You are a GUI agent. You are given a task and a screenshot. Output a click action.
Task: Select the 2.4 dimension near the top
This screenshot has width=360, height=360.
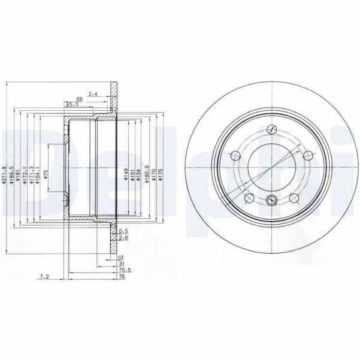pos(92,93)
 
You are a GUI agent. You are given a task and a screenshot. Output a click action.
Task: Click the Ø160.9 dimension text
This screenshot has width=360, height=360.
pos(147,175)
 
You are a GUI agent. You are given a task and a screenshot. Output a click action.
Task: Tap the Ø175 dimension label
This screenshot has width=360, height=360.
pos(161,175)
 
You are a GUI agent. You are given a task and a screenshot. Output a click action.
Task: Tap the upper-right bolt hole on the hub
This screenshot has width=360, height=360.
pos(307,156)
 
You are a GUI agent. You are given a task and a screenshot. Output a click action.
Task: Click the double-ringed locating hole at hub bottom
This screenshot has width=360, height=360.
pos(271,200)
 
